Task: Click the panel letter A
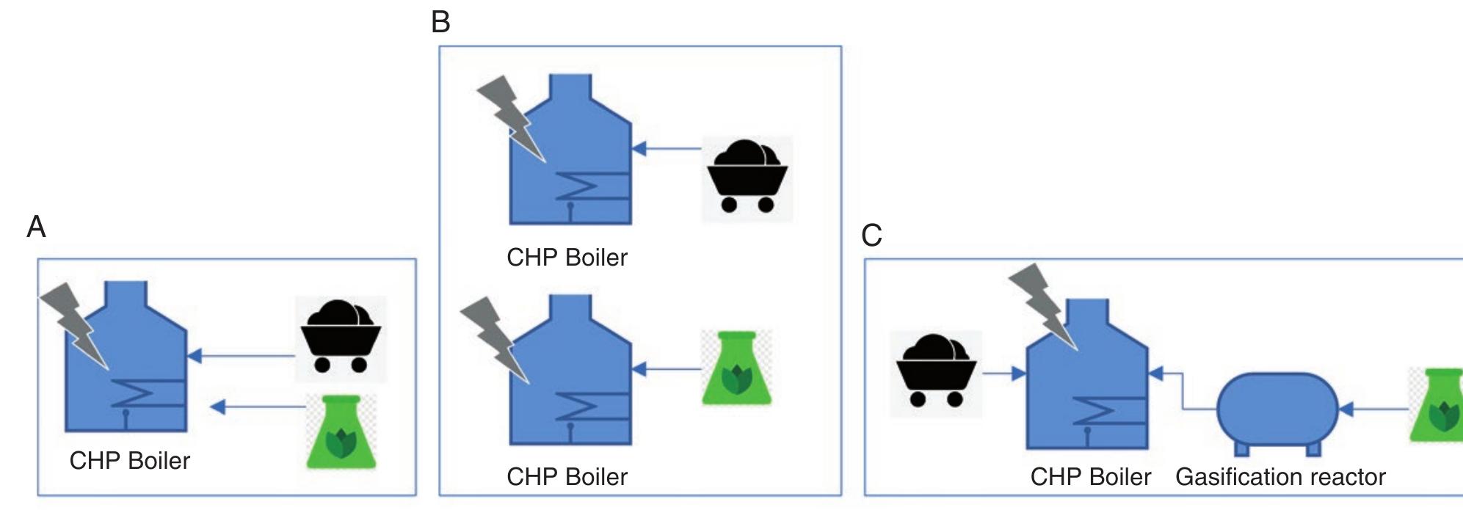[x=36, y=227]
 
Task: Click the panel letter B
[x=440, y=22]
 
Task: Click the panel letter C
[x=871, y=236]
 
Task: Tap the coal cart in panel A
[x=341, y=338]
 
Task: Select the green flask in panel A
[x=341, y=433]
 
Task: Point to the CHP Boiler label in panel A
[x=130, y=461]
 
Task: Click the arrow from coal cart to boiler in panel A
[x=242, y=357]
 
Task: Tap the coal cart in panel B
[x=747, y=177]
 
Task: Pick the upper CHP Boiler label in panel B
[x=567, y=258]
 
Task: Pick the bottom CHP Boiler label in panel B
[x=567, y=477]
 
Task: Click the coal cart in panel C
[x=935, y=372]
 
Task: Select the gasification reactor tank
[x=1278, y=409]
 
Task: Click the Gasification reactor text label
[x=1280, y=477]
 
